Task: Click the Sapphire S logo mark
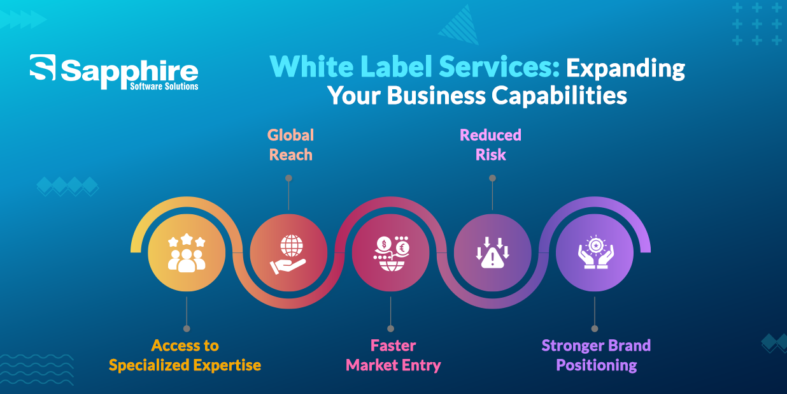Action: tap(43, 67)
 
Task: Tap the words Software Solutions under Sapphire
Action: tap(164, 87)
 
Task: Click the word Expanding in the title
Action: tap(625, 68)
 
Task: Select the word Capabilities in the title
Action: tap(559, 96)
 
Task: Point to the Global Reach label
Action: tap(290, 145)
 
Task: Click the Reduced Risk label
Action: tap(490, 145)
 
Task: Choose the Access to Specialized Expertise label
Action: tap(185, 355)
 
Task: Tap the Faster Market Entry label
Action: tap(393, 355)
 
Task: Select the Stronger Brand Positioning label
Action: tap(596, 355)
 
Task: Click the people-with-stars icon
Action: tap(187, 253)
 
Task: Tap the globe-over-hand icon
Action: tap(289, 254)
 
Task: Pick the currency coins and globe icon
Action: tap(392, 253)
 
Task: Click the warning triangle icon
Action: tap(492, 252)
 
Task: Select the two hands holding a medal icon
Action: tap(595, 252)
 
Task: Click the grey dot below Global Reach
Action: tap(289, 179)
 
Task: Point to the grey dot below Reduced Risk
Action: tap(493, 179)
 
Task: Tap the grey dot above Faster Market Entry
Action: tap(391, 328)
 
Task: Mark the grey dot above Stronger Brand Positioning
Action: tap(595, 328)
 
